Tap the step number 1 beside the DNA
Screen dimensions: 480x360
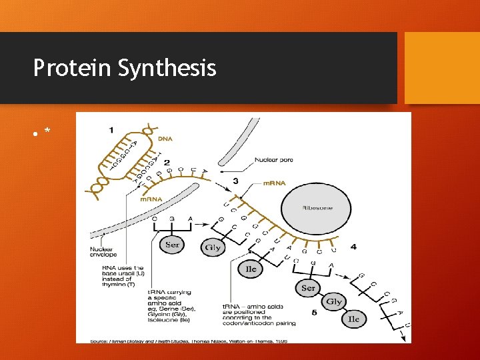pos(111,129)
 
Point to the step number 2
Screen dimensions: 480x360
pos(167,162)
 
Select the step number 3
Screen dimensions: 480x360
pos(235,181)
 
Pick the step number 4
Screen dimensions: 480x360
pos(353,247)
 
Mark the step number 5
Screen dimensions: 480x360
pos(315,312)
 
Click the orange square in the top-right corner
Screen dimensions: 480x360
pos(442,67)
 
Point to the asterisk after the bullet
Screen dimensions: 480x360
pos(47,131)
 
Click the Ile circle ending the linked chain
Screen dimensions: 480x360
pos(354,319)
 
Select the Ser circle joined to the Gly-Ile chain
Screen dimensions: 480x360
pos(308,288)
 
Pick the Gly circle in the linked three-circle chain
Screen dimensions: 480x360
pos(334,302)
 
